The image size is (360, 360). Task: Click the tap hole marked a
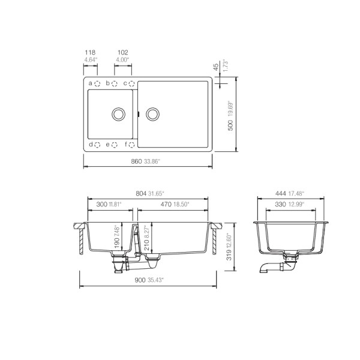tap(98, 83)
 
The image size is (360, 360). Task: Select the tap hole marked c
tap(133, 83)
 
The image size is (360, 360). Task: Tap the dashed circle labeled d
tap(98, 145)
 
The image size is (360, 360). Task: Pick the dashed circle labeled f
tap(133, 145)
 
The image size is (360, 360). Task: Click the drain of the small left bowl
tap(118, 113)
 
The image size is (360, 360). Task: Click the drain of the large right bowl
tap(153, 113)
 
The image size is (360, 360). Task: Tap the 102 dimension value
tap(122, 52)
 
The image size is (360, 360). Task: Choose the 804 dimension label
tap(141, 193)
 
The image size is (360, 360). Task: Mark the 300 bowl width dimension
tap(103, 205)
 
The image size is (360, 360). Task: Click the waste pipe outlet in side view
tap(265, 269)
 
